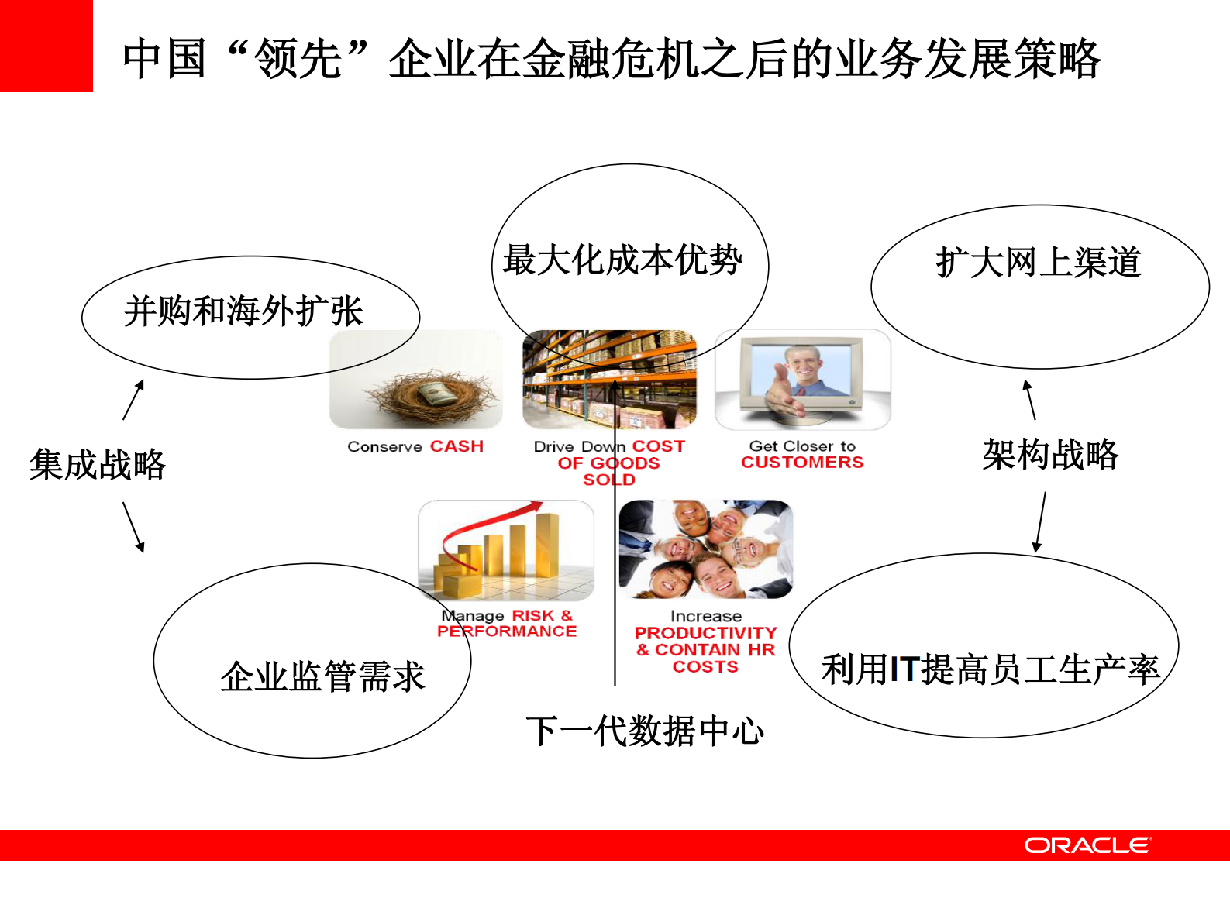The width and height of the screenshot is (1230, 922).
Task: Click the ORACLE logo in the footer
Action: point(1087,845)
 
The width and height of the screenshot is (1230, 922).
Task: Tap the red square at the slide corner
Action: point(46,46)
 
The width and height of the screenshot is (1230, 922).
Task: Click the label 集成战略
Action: point(98,465)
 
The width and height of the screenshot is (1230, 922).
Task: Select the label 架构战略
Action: point(1050,455)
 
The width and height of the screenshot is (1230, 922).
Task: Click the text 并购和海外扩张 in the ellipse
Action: point(243,311)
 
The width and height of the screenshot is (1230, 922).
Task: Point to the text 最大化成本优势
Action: point(622,260)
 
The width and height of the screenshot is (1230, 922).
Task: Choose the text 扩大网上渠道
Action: point(1038,263)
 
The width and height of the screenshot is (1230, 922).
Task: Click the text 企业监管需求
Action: point(322,676)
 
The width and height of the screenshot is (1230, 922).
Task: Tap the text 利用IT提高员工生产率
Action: point(990,669)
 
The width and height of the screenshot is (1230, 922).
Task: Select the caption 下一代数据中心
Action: point(644,731)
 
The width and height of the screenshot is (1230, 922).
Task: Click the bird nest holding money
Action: point(429,391)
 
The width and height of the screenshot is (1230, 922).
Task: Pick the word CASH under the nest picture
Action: point(457,446)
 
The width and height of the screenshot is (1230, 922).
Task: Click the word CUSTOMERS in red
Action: point(802,463)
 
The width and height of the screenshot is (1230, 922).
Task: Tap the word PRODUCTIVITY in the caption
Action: point(705,633)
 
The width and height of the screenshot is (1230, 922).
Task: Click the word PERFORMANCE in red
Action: point(507,631)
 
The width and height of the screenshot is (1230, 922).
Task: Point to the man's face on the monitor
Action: point(801,362)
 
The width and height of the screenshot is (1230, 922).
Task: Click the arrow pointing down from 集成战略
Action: point(133,527)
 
